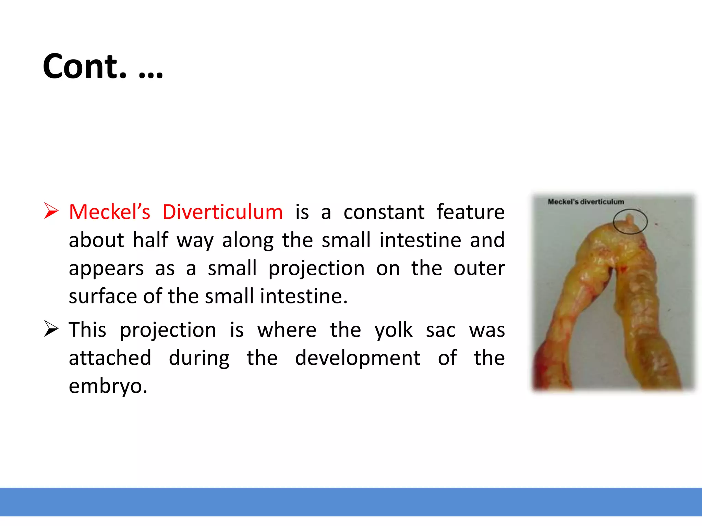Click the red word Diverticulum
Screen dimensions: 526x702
click(222, 212)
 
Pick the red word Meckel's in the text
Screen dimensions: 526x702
click(109, 212)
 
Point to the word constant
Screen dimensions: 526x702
click(384, 212)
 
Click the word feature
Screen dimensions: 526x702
click(470, 212)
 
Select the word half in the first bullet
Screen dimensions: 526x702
click(150, 240)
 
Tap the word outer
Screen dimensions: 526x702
click(479, 268)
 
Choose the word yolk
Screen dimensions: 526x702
click(394, 330)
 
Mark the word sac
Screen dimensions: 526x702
click(440, 330)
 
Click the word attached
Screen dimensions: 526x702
click(110, 358)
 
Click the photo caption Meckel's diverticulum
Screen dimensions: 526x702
click(585, 202)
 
